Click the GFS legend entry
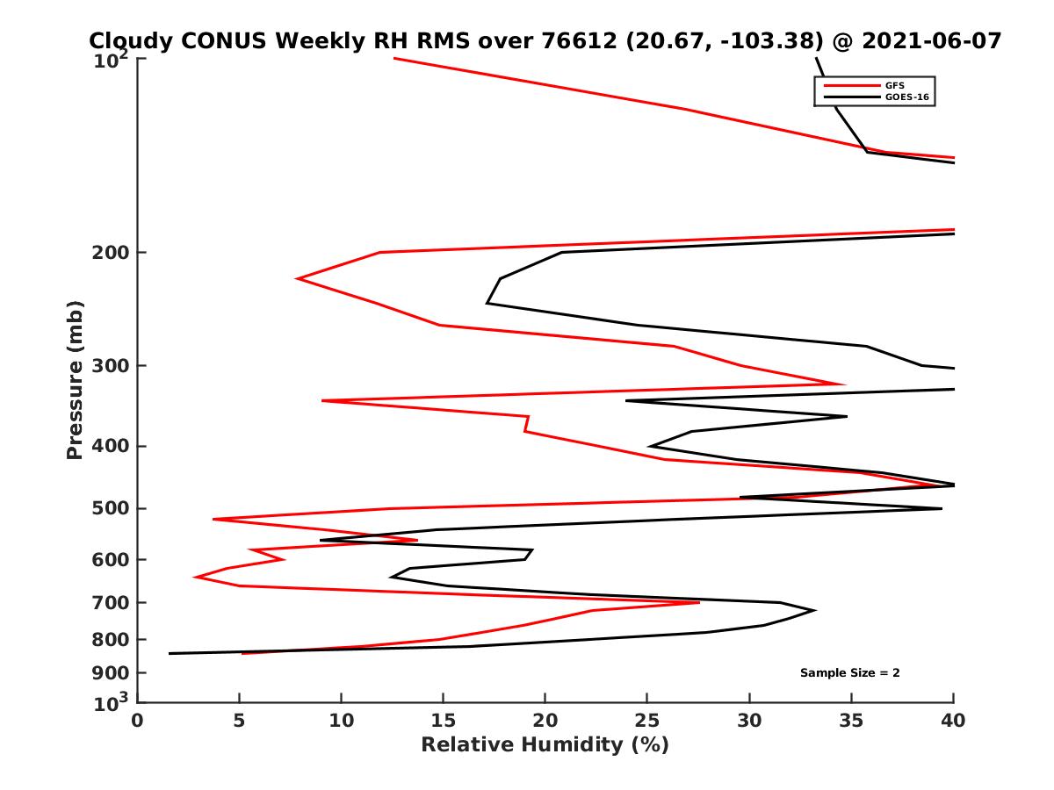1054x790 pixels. (897, 85)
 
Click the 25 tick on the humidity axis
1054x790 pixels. (647, 721)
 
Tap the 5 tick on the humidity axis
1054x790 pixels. (240, 721)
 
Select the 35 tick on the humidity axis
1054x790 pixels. (851, 721)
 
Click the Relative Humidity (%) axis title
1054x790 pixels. (545, 745)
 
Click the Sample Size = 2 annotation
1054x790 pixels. (849, 673)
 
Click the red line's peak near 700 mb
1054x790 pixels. (699, 602)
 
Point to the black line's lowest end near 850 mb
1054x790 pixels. (170, 653)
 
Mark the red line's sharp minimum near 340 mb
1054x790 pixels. (323, 400)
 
